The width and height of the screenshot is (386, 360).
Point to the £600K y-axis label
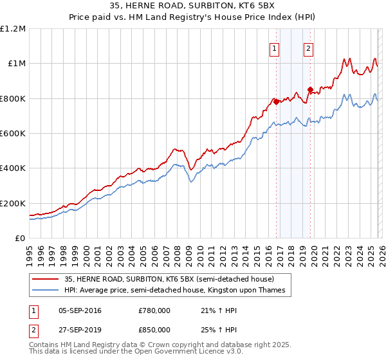(13, 133)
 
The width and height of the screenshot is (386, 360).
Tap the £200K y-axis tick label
(13, 203)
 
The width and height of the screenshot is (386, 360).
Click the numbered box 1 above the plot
(275, 49)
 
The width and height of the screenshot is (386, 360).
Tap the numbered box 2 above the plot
(309, 49)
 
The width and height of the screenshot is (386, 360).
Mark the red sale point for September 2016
(276, 102)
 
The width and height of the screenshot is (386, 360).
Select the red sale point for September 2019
(310, 89)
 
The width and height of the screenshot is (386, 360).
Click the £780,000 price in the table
(154, 310)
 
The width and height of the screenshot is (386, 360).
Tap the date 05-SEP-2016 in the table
(80, 310)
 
